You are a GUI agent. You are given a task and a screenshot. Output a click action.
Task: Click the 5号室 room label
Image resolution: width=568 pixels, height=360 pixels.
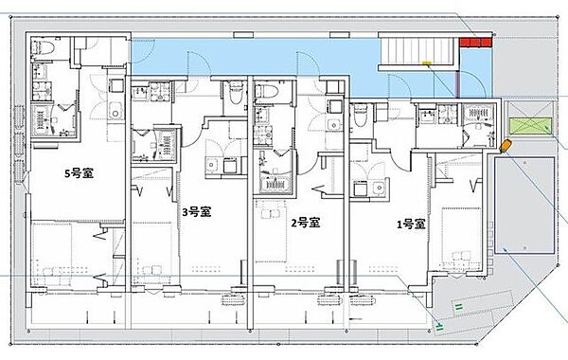point(79,174)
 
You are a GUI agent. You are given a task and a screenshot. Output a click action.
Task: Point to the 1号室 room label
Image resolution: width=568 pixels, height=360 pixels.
point(410,225)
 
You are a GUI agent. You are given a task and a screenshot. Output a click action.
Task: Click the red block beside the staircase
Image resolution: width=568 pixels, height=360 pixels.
point(474,43)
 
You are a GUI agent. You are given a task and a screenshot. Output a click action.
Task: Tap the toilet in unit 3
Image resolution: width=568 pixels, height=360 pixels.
point(233,93)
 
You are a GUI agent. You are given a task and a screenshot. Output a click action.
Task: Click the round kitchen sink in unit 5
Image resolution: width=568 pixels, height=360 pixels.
point(112,106)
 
